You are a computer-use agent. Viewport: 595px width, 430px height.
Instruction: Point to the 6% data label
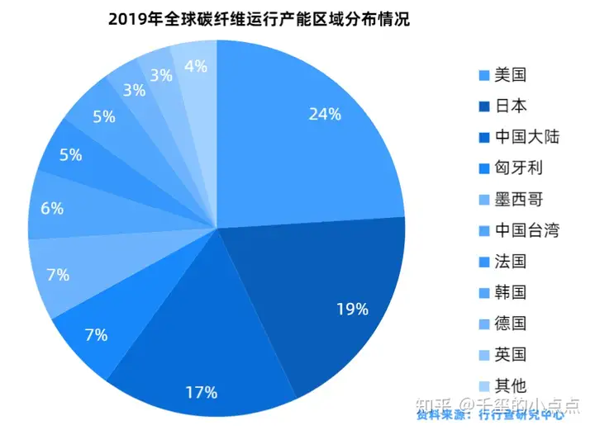(51, 209)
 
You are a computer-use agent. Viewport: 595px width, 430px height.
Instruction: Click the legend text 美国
(511, 75)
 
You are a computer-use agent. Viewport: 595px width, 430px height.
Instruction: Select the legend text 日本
(511, 106)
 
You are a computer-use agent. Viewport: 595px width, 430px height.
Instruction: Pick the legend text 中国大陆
(526, 136)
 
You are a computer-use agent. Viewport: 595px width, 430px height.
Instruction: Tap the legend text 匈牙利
(518, 168)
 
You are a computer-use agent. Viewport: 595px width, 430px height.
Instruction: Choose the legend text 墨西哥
(518, 199)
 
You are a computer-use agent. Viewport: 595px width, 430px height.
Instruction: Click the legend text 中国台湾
(526, 230)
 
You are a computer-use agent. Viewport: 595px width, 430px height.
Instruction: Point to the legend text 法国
(511, 262)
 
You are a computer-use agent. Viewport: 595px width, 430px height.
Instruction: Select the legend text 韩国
(511, 292)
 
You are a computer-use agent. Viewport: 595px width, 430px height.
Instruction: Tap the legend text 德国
(511, 324)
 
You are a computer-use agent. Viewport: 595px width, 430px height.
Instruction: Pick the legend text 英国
(511, 354)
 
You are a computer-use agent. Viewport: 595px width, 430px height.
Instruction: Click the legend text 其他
(511, 385)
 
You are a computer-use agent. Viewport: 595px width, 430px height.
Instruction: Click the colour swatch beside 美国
(484, 76)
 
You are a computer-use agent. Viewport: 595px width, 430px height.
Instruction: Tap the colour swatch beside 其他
(484, 385)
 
